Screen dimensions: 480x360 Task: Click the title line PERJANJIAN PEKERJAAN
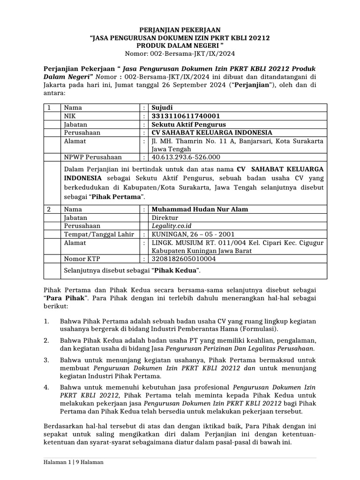pyautogui.click(x=180, y=30)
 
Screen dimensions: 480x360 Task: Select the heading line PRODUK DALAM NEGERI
pyautogui.click(x=180, y=45)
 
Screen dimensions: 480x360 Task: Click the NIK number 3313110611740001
pyautogui.click(x=185, y=116)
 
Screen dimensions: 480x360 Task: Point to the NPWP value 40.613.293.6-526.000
pyautogui.click(x=185, y=157)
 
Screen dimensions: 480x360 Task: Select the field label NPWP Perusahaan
pyautogui.click(x=93, y=157)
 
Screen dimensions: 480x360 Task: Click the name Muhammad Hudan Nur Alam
pyautogui.click(x=199, y=209)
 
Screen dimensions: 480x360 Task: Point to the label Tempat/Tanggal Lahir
pyautogui.click(x=99, y=234)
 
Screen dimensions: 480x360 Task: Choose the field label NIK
pyautogui.click(x=69, y=116)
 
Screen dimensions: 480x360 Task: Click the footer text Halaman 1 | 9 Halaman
pyautogui.click(x=70, y=462)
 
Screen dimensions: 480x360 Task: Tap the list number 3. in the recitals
pyautogui.click(x=46, y=360)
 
